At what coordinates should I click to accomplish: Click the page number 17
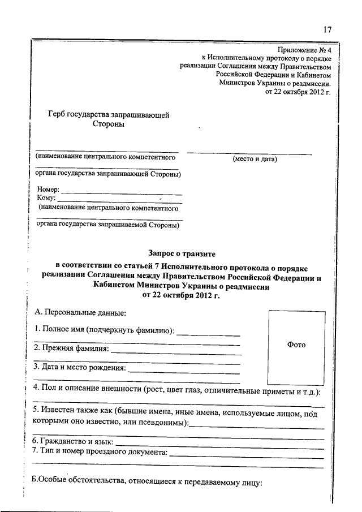326,30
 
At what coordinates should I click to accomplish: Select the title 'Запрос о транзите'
182,255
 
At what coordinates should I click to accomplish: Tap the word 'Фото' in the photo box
296,345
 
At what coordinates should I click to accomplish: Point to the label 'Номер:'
48,190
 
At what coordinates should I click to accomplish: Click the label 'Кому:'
46,198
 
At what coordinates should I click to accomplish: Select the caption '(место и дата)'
255,160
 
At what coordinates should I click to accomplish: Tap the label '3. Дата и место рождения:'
80,367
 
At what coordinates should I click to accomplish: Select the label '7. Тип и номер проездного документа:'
101,451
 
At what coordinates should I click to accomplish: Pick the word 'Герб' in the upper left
59,115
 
